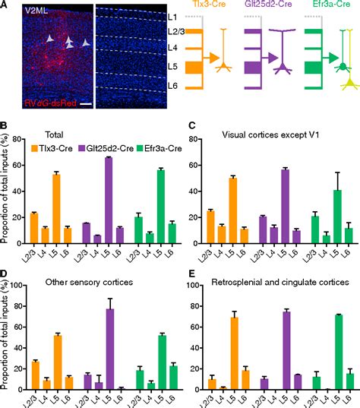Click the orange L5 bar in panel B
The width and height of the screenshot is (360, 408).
point(55,201)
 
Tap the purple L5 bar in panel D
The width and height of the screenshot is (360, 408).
point(109,340)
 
